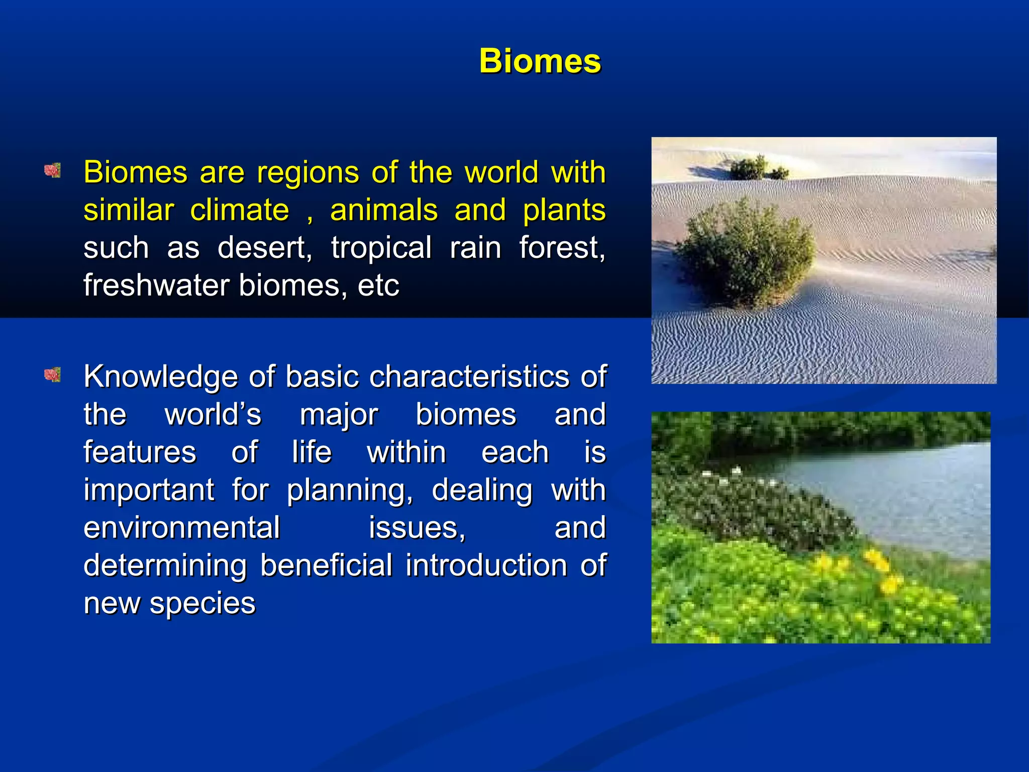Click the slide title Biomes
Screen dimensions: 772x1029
tap(540, 61)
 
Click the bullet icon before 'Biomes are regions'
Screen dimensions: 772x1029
tap(52, 170)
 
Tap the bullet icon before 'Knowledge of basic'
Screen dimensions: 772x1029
tap(52, 374)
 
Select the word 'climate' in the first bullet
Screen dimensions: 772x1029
tap(240, 210)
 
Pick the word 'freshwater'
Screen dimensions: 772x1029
tap(156, 285)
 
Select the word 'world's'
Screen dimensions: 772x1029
tap(213, 414)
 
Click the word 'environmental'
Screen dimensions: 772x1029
tap(181, 527)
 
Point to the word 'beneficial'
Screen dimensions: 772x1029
tap(326, 565)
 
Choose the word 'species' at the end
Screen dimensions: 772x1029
tap(202, 603)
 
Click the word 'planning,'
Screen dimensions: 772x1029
tap(350, 490)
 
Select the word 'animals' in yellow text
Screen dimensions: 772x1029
tap(383, 210)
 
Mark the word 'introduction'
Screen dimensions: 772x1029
tap(486, 565)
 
